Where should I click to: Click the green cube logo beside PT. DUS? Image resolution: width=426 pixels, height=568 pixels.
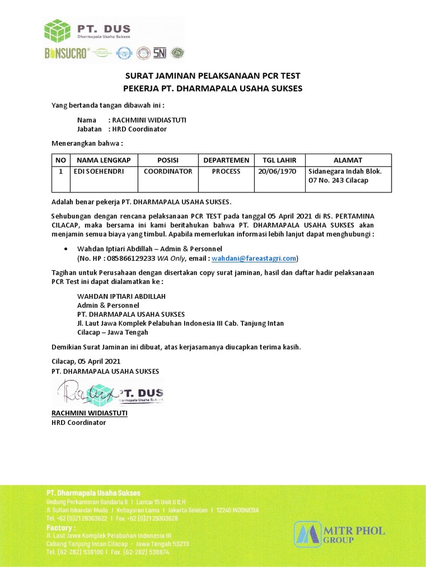(58, 31)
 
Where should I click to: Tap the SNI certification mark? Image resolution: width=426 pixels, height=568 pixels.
(160, 53)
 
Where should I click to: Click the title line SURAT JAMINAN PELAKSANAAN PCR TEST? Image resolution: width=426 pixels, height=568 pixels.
(212, 76)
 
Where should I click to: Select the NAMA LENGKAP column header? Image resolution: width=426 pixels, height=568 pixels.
(102, 160)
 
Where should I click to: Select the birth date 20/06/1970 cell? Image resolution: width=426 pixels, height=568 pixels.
(277, 171)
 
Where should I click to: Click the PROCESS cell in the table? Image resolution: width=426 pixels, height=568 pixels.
(226, 171)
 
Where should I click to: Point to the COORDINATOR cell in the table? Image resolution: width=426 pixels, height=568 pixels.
(168, 171)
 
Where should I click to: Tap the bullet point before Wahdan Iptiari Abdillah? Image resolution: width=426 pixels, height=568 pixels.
(67, 249)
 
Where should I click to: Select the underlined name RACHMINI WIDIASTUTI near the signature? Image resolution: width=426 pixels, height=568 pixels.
(89, 413)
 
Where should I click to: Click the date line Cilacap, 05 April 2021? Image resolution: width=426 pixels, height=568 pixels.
(86, 361)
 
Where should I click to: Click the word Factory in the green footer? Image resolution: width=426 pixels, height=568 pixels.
(60, 528)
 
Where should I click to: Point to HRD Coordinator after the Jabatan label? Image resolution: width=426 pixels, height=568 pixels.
(139, 129)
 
